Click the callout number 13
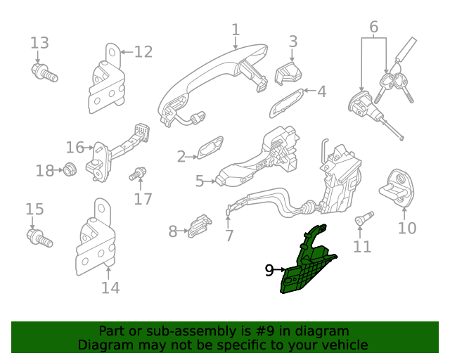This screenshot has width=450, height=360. pos(40,43)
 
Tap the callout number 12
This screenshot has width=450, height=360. pos(143,51)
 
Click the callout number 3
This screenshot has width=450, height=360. pos(293,41)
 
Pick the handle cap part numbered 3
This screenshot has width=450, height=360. pos(288,72)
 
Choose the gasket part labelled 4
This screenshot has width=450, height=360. pos(286,103)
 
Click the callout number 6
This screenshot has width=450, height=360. pos(373,27)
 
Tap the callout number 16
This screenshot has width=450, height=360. pos(75,148)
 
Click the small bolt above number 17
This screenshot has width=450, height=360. pos(139,172)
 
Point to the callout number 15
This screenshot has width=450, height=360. pos(34,209)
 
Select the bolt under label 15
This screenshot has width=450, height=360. pos(40,237)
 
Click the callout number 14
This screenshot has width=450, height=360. pos(110,287)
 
